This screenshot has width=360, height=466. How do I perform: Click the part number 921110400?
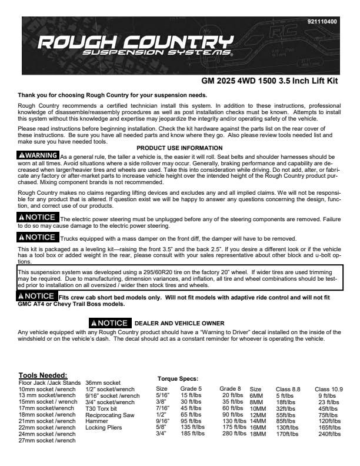click(x=322, y=22)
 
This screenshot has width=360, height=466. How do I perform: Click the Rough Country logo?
click(x=135, y=45)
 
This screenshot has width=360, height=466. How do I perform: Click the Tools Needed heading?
click(x=43, y=375)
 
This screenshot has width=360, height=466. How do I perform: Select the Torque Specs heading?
click(x=178, y=380)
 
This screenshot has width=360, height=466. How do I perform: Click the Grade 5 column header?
click(x=191, y=389)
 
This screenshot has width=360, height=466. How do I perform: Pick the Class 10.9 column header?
click(x=328, y=389)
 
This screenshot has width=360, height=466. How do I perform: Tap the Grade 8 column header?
click(x=231, y=389)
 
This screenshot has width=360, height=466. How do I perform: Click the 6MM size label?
click(x=256, y=396)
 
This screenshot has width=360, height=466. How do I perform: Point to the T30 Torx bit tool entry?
click(x=102, y=408)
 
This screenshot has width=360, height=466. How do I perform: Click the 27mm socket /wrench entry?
click(x=46, y=440)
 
